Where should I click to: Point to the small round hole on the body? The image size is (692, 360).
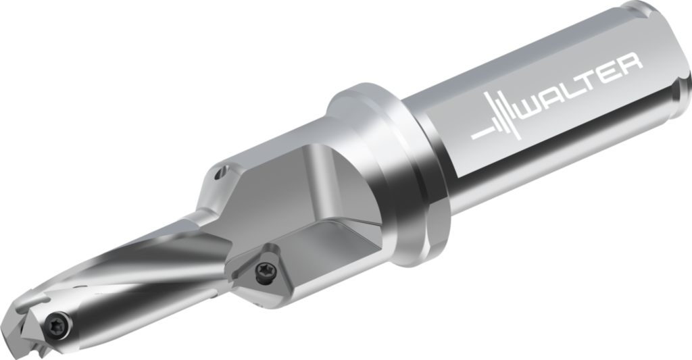218,175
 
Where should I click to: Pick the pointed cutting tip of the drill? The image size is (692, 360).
14,331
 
